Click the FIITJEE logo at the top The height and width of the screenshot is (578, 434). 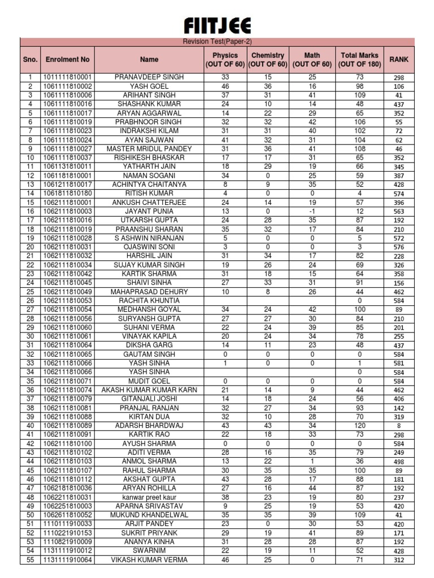point(217,25)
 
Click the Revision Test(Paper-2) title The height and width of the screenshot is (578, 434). point(217,42)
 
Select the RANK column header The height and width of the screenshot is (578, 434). point(399,59)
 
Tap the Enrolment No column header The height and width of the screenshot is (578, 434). point(68,59)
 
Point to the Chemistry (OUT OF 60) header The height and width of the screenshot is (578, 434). point(268,59)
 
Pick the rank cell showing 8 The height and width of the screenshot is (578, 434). point(399,426)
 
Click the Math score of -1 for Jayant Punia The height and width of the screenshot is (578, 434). point(312,211)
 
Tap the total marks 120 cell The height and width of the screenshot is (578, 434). point(360,425)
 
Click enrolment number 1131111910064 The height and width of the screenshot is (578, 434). point(68,559)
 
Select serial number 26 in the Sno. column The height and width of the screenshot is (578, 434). point(30,300)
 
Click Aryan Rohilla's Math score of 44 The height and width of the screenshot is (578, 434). point(312,488)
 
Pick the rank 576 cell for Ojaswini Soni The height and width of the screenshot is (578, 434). point(399,247)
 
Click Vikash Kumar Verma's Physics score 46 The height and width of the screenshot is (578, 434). point(225,559)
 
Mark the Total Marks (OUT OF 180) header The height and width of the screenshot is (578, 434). point(360,59)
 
